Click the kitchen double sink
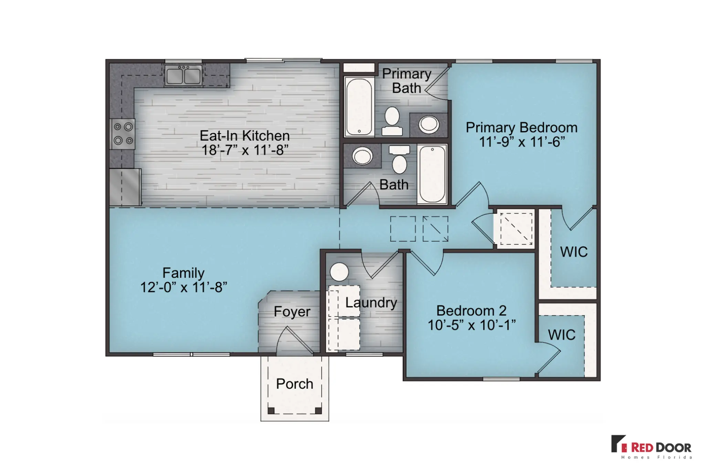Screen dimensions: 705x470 pos(183,75)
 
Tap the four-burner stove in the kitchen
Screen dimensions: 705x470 pos(123,134)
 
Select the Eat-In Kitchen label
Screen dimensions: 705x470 pos(245,136)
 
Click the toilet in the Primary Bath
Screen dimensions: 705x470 pos(392,121)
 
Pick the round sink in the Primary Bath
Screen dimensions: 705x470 pos(429,124)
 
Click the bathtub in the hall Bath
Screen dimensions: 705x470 pos(432,174)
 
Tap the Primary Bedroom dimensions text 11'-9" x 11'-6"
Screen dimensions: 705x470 pos(522,142)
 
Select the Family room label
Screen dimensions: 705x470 pos(183,273)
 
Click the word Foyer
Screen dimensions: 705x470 pos(292,312)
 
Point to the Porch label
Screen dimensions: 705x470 pos(295,384)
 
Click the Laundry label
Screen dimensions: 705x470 pos(371,303)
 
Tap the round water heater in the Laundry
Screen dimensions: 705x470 pos(339,272)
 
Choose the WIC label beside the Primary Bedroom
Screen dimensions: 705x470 pos(574,252)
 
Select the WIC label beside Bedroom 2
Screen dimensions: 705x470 pos(562,335)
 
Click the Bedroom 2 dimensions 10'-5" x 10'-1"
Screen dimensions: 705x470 pos(472,325)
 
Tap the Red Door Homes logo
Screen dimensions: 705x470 pos(651,447)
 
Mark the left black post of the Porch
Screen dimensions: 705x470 pos(271,410)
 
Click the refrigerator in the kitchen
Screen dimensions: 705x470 pos(125,187)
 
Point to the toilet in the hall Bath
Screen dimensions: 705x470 pos(399,159)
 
